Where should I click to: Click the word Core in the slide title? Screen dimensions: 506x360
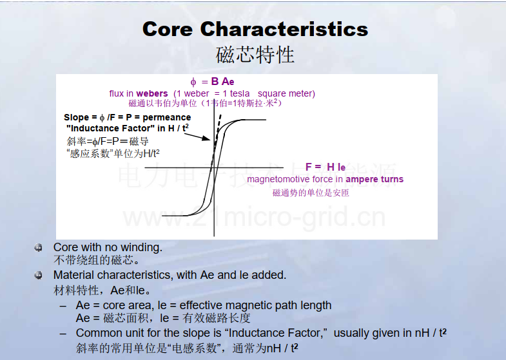coord(168,29)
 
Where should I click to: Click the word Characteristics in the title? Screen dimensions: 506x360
coord(284,29)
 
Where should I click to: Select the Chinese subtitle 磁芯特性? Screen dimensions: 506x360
coord(255,55)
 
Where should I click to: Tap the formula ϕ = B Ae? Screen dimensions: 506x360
coord(212,82)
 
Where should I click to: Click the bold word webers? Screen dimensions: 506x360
coord(152,93)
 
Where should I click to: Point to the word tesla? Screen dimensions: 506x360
coord(240,93)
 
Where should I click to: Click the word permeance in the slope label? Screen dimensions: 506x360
coord(166,117)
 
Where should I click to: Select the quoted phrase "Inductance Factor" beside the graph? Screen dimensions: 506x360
coord(110,128)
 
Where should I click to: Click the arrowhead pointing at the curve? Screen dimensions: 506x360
coord(206,138)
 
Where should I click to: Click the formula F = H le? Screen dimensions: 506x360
coord(326,167)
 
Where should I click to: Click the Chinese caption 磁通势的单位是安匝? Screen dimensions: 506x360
coord(311,193)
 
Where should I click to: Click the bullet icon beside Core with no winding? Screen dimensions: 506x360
coord(38,247)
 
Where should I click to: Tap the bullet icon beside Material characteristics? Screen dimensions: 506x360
coord(38,275)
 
